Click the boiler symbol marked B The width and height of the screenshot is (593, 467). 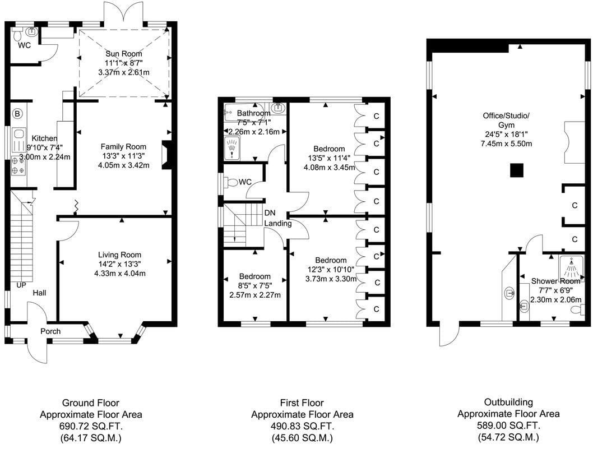[17, 113]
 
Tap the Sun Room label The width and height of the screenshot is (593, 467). [124, 54]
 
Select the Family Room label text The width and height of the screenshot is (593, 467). [123, 147]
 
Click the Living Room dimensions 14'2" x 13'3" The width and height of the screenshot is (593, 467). [119, 264]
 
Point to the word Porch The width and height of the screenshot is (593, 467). [50, 331]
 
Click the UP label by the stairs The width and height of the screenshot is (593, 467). [21, 285]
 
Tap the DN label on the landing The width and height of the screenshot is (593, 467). [270, 213]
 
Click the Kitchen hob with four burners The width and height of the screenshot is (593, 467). [18, 166]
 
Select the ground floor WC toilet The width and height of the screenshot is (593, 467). [17, 35]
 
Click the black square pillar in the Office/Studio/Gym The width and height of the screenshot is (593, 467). [517, 170]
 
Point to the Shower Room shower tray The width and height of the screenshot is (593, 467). [571, 269]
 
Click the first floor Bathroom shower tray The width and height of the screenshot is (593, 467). [232, 148]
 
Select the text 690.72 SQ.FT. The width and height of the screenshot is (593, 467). [91, 427]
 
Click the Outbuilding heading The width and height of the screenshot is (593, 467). [508, 402]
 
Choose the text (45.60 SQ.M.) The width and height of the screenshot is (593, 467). [302, 438]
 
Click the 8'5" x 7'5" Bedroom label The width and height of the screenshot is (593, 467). [255, 285]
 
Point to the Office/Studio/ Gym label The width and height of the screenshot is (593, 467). [506, 120]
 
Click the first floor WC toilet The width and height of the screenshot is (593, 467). [231, 183]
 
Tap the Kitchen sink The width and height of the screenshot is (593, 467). [18, 134]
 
